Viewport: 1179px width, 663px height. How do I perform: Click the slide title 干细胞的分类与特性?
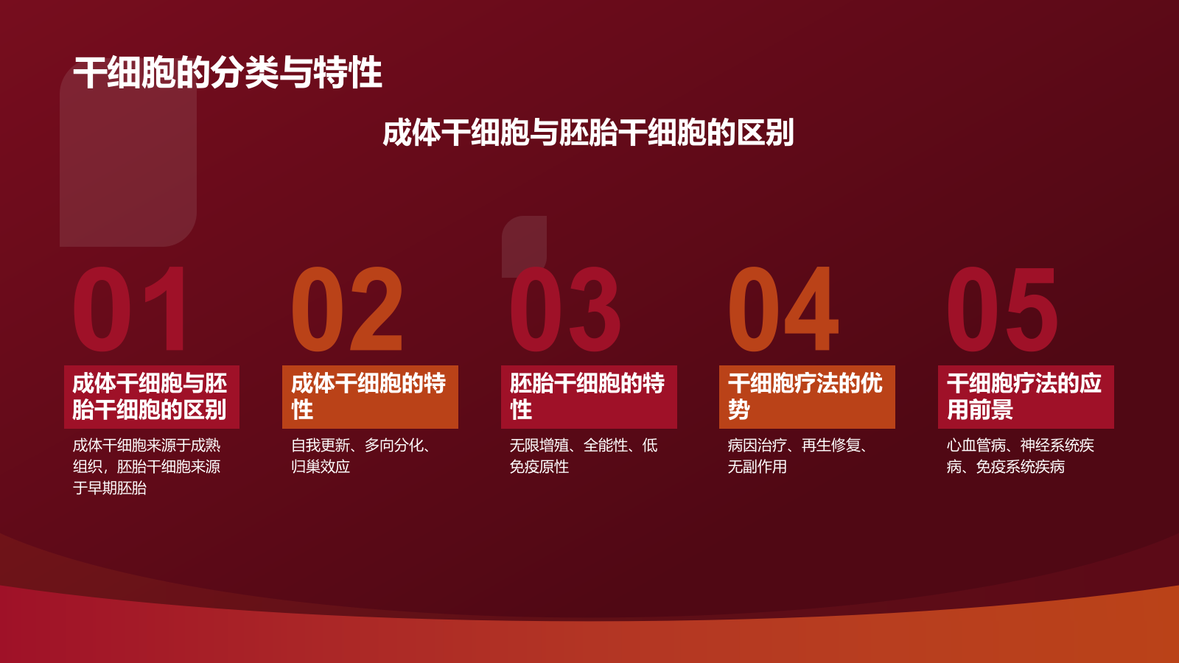click(x=228, y=73)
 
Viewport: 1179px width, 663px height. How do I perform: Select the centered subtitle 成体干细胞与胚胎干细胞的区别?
click(x=588, y=133)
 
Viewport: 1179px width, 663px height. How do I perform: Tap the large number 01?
click(x=130, y=309)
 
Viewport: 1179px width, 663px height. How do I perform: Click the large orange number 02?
click(x=347, y=309)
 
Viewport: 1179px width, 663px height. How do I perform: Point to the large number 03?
click(x=565, y=309)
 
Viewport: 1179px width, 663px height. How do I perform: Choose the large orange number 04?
click(x=783, y=309)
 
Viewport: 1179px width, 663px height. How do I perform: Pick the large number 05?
click(x=1002, y=309)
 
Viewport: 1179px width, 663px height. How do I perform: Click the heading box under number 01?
click(x=151, y=396)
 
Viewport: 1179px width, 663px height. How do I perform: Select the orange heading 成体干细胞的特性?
click(x=370, y=396)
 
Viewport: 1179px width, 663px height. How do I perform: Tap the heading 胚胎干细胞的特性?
click(x=588, y=396)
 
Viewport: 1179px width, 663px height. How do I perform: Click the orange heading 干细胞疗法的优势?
click(x=807, y=396)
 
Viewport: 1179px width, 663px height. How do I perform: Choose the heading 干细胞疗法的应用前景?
click(x=1025, y=396)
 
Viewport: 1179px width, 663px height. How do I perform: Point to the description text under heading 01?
click(x=147, y=466)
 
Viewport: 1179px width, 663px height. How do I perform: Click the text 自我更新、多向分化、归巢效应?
click(x=361, y=456)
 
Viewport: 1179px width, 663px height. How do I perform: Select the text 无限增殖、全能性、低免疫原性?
click(x=583, y=456)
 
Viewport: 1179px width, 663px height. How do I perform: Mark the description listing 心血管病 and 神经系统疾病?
click(x=1020, y=456)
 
